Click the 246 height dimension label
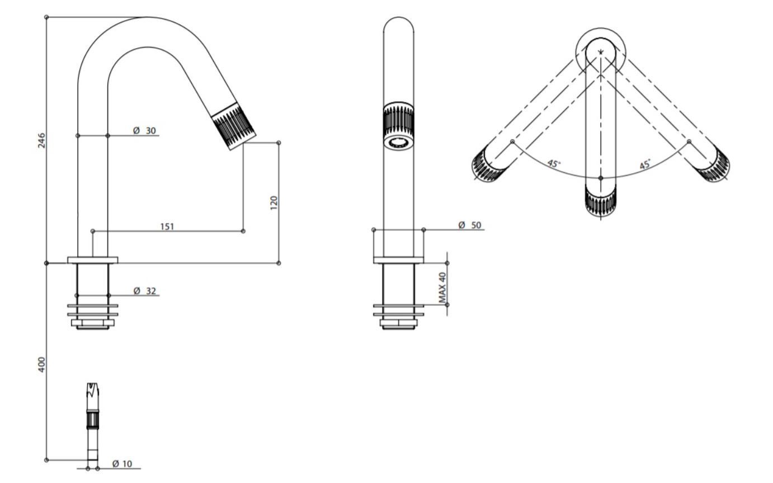pyautogui.click(x=41, y=140)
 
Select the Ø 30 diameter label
pyautogui.click(x=145, y=131)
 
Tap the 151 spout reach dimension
pyautogui.click(x=167, y=226)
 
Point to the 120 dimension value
pyautogui.click(x=274, y=203)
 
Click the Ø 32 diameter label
pyautogui.click(x=145, y=291)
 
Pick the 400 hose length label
pyautogui.click(x=41, y=364)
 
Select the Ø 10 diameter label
pyautogui.click(x=122, y=464)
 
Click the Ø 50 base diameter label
pyautogui.click(x=470, y=225)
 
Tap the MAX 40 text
pyautogui.click(x=442, y=288)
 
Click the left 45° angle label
pyautogui.click(x=554, y=164)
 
